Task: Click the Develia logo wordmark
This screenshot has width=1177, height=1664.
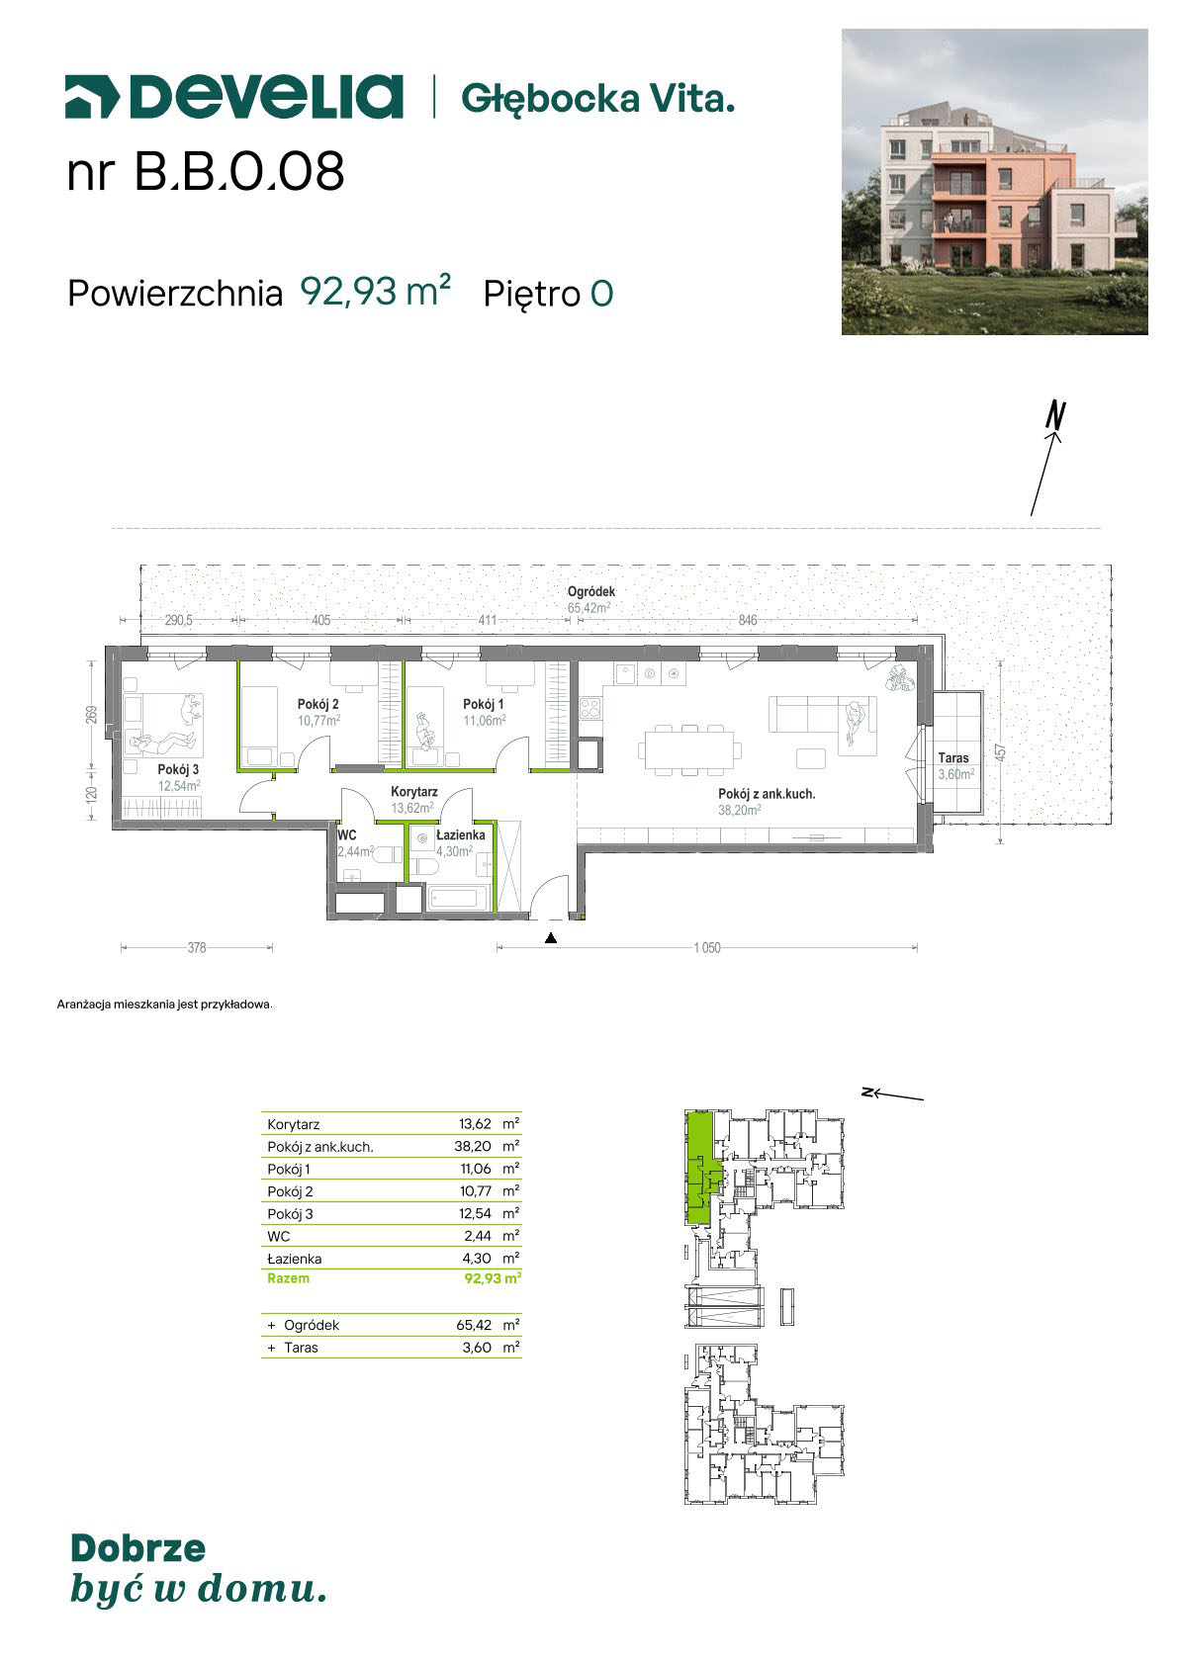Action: [234, 97]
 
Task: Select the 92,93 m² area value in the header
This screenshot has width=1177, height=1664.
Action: [375, 292]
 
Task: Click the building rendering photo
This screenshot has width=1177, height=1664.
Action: [994, 182]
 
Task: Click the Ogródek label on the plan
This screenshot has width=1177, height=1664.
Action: [591, 592]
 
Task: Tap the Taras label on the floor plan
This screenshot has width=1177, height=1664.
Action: [953, 758]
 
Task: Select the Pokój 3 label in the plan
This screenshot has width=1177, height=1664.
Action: [178, 769]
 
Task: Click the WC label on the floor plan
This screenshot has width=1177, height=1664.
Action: [347, 835]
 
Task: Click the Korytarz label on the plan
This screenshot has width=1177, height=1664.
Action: [413, 792]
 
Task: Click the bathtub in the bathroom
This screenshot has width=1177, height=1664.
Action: [457, 899]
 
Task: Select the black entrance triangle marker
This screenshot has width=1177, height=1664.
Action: [551, 938]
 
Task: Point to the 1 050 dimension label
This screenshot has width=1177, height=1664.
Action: [707, 948]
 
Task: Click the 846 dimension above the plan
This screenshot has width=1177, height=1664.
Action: [748, 620]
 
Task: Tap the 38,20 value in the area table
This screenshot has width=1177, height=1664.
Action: [473, 1146]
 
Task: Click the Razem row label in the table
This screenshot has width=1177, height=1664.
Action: [288, 1277]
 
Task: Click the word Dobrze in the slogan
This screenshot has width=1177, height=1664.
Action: [138, 1548]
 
